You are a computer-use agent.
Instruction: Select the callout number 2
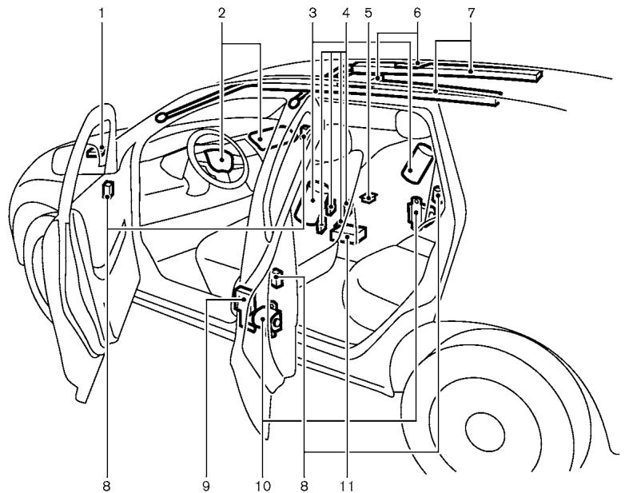point(221,14)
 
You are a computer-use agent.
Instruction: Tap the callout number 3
point(313,14)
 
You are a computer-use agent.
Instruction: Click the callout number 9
point(206,484)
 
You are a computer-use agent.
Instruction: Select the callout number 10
point(263,484)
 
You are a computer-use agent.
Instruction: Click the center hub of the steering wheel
point(220,161)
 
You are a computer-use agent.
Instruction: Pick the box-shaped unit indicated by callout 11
point(349,234)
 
